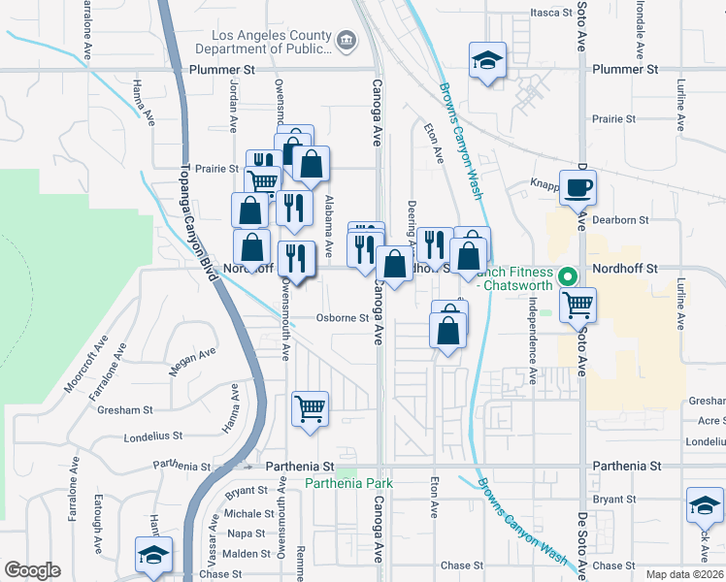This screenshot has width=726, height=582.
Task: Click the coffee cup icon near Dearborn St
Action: (x=578, y=187)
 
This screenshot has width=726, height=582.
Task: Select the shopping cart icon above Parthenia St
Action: (x=311, y=408)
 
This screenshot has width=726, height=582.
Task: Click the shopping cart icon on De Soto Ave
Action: (x=578, y=305)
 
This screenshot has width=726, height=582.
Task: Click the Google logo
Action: (x=32, y=570)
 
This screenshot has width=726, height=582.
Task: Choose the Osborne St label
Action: (x=343, y=318)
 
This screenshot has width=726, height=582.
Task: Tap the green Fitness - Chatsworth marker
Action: (x=569, y=275)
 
